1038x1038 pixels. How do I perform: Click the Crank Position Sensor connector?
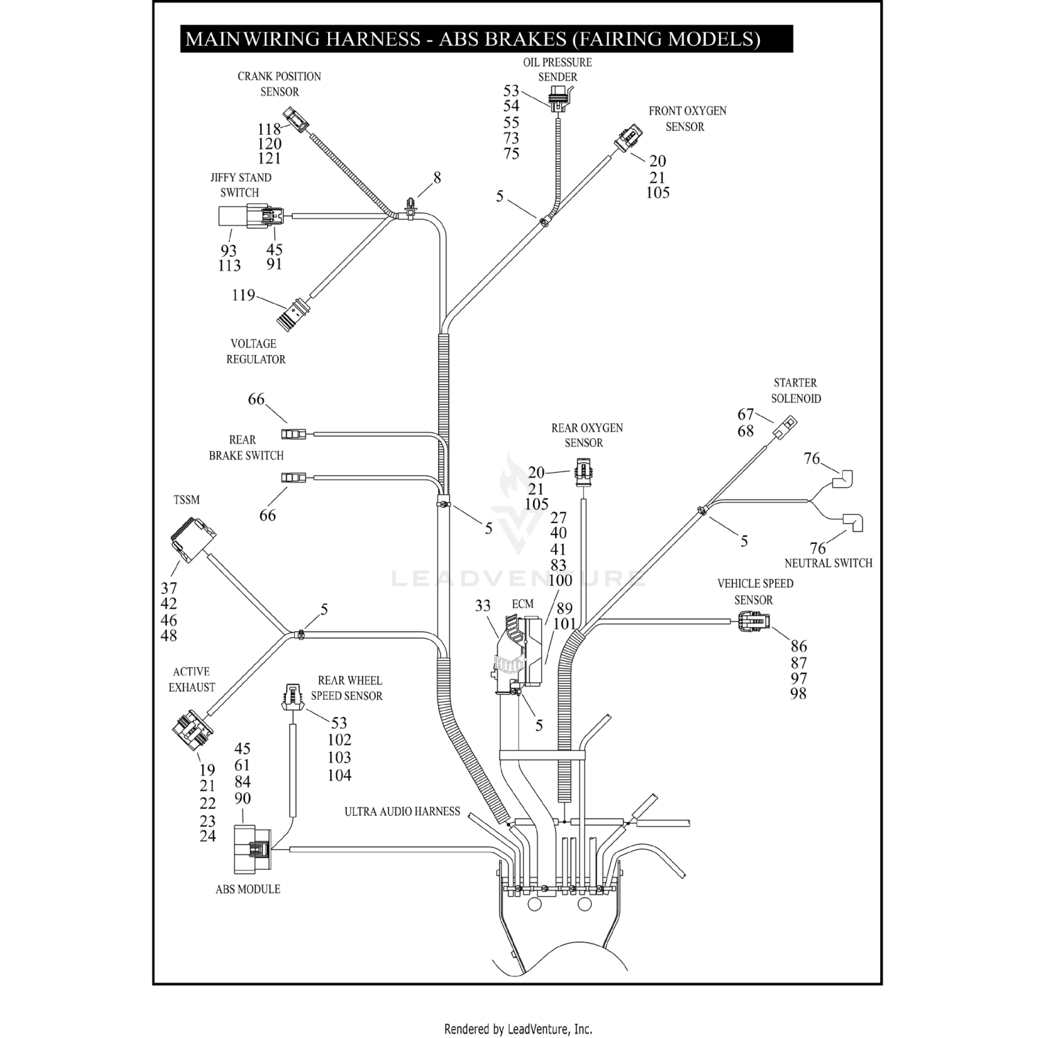pos(298,121)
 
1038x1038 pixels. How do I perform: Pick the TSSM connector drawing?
pos(192,540)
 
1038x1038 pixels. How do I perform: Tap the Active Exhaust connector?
pos(192,728)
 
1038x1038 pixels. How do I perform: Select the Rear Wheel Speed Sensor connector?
pos(293,698)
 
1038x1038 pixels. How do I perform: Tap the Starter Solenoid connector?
pos(785,427)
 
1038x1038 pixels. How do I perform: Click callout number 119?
pos(243,295)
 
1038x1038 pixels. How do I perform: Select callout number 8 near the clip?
pos(437,178)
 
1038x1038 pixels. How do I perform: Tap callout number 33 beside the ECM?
pos(483,606)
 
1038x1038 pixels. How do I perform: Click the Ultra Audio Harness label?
pos(402,811)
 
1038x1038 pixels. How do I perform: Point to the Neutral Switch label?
pos(828,563)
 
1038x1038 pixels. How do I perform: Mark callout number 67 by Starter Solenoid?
pos(745,415)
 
